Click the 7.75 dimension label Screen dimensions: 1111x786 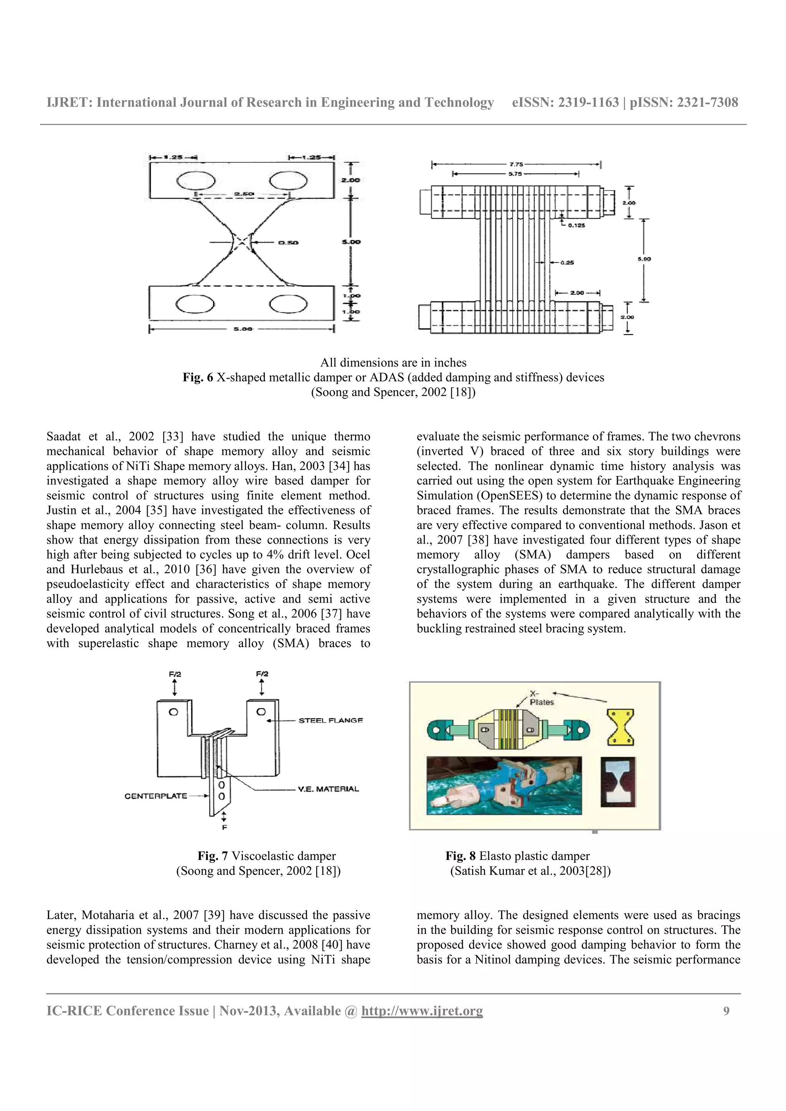[x=516, y=165]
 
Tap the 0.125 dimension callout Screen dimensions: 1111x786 [x=576, y=225]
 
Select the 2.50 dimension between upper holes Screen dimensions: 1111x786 [x=241, y=194]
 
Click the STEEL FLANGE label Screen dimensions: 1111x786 [x=330, y=720]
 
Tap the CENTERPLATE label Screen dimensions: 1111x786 [x=155, y=796]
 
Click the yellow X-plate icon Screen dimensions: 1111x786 [x=620, y=727]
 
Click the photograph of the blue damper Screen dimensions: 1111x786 [x=504, y=786]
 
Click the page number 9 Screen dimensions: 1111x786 [x=726, y=1011]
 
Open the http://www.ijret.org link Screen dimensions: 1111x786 [x=422, y=1011]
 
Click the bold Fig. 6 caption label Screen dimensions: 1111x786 [x=198, y=378]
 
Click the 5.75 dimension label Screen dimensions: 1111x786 [x=515, y=174]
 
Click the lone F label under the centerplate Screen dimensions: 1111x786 [x=224, y=828]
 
